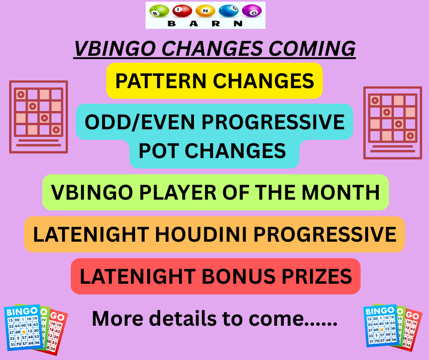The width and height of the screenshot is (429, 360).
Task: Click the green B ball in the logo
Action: pyautogui.click(x=159, y=11)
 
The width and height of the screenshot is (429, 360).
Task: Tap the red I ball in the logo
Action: pyautogui.click(x=182, y=11)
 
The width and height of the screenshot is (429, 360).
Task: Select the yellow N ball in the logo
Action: pyautogui.click(x=205, y=11)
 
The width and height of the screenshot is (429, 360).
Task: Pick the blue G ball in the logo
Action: pyautogui.click(x=229, y=11)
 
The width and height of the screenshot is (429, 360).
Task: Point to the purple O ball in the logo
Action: pyautogui.click(x=252, y=11)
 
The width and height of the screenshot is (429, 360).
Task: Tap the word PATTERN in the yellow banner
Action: pyautogui.click(x=161, y=81)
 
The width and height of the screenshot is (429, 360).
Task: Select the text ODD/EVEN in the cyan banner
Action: pyautogui.click(x=140, y=122)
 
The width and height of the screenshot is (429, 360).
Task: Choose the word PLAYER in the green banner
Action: pyautogui.click(x=178, y=192)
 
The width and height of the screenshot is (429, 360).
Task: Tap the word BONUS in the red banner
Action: pyautogui.click(x=239, y=276)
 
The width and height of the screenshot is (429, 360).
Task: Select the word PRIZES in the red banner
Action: pyautogui.click(x=317, y=276)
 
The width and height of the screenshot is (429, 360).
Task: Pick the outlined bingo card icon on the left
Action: pyautogui.click(x=39, y=117)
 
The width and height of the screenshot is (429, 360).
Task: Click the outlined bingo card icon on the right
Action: pyautogui.click(x=392, y=123)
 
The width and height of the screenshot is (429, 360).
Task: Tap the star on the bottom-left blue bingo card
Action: pyautogui.click(x=24, y=332)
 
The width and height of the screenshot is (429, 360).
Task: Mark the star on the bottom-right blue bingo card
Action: pyautogui.click(x=382, y=329)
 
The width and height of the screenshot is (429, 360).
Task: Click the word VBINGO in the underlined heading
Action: pyautogui.click(x=116, y=48)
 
